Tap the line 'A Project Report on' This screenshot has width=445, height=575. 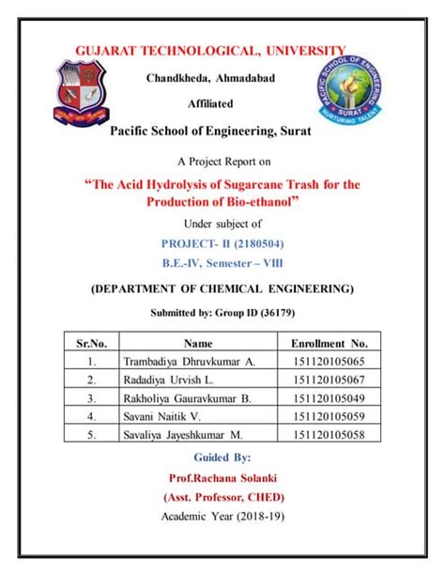point(222,161)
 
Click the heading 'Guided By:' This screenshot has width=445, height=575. point(222,458)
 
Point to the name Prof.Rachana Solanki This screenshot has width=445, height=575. point(222,477)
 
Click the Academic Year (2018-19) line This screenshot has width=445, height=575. point(222,517)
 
